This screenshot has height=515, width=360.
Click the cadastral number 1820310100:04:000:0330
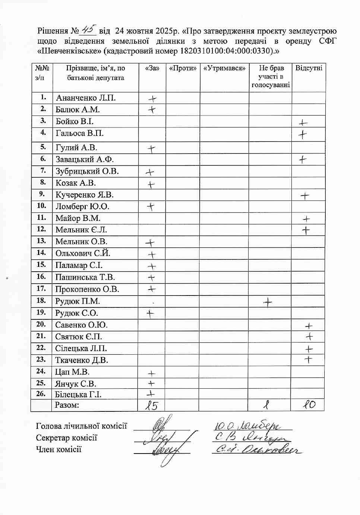click(x=227, y=51)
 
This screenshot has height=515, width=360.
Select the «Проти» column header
click(x=183, y=68)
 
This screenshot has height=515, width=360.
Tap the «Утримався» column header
click(x=224, y=68)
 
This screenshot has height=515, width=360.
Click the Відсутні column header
click(x=308, y=68)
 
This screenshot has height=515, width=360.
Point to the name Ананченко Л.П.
click(x=86, y=98)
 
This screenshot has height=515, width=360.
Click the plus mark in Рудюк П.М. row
click(x=268, y=302)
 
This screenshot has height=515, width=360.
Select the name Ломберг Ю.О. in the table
click(x=82, y=206)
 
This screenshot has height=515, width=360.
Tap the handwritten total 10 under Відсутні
click(x=308, y=404)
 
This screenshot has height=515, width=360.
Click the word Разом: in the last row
click(x=67, y=405)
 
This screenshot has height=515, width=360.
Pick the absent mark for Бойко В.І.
click(x=303, y=123)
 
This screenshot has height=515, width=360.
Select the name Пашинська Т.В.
click(x=85, y=277)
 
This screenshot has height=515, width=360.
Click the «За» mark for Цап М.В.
click(x=151, y=373)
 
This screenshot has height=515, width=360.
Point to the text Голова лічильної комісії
click(x=82, y=426)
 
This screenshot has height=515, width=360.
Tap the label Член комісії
click(x=59, y=449)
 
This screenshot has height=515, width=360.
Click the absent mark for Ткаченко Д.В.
click(x=308, y=360)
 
